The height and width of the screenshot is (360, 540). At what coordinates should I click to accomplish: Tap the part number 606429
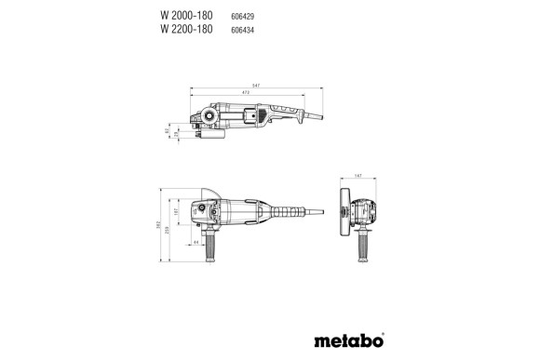pyautogui.click(x=243, y=17)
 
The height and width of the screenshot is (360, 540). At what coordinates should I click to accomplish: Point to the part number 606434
pyautogui.click(x=243, y=30)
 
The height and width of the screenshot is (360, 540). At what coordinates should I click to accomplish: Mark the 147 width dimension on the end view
pyautogui.click(x=358, y=176)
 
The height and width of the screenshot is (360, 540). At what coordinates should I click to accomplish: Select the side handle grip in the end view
pyautogui.click(x=357, y=251)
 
